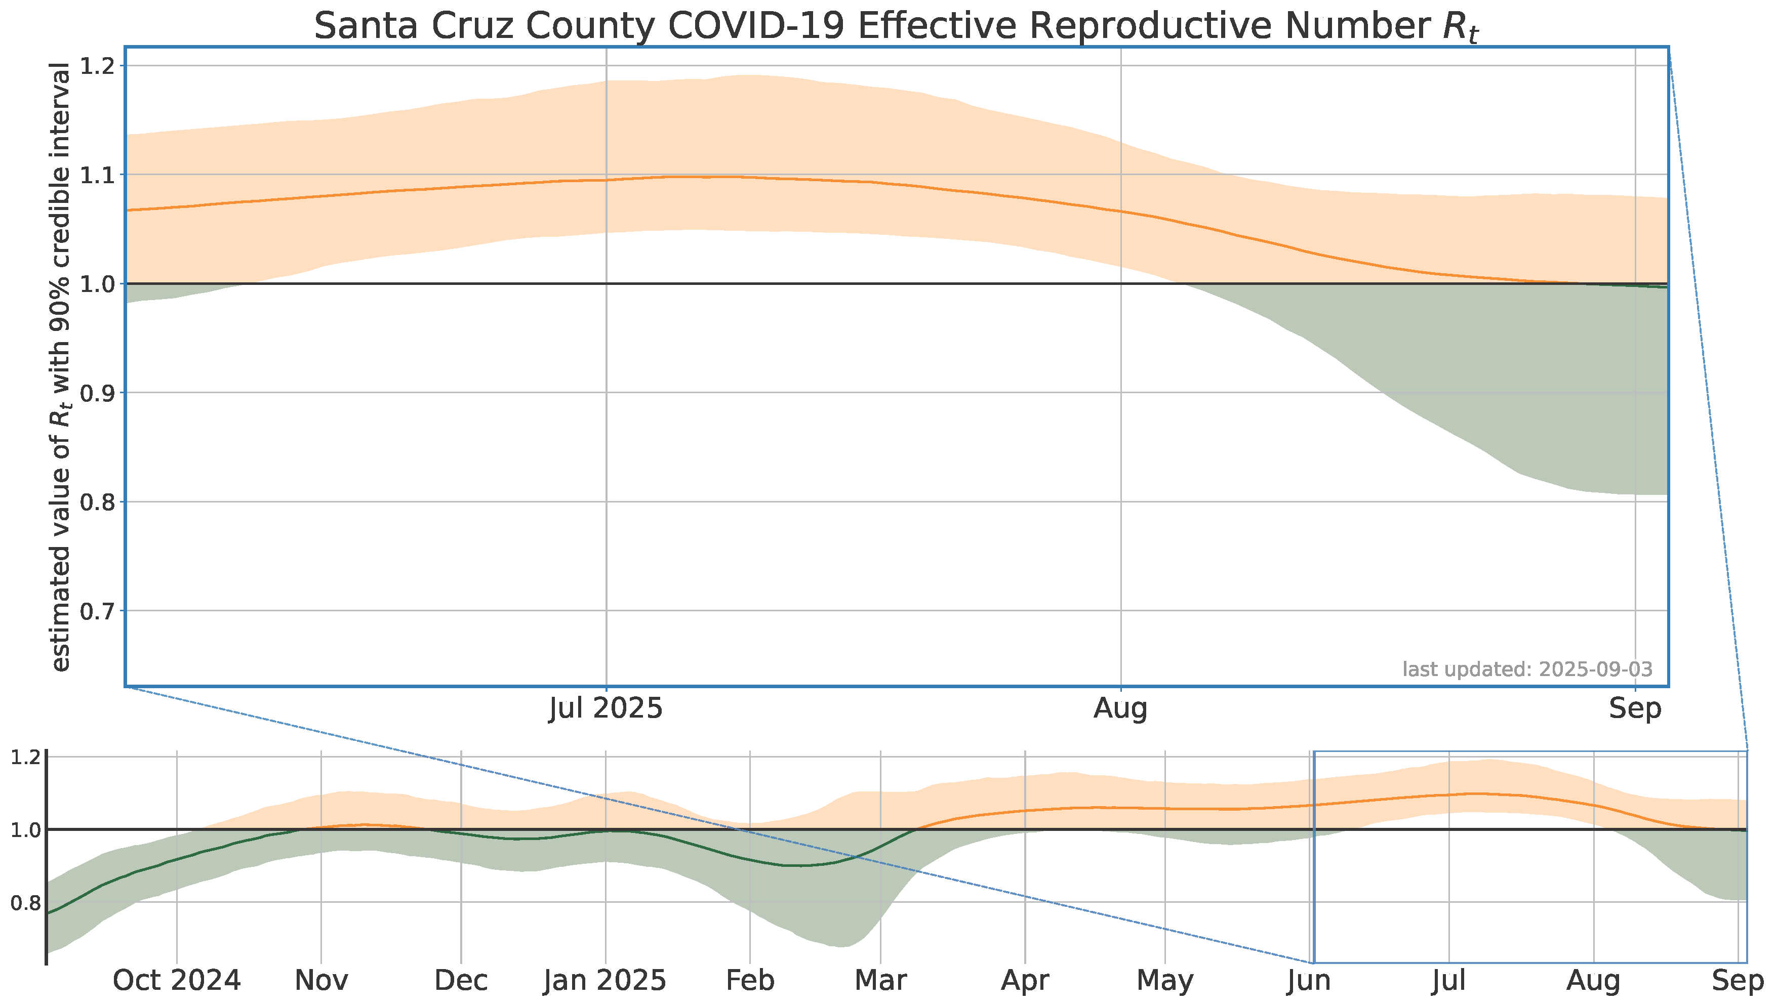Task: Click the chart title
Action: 897,27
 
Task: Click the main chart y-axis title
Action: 61,367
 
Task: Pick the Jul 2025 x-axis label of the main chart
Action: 606,709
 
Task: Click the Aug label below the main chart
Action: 1120,709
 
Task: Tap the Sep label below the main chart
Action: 1635,709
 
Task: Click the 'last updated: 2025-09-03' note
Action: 1527,669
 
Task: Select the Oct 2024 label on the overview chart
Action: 177,980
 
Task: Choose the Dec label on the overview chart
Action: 461,980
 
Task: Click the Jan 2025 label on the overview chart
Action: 606,980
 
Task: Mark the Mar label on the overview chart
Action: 880,980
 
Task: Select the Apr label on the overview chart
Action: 1025,980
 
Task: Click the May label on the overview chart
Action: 1165,980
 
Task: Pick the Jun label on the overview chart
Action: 1310,980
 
